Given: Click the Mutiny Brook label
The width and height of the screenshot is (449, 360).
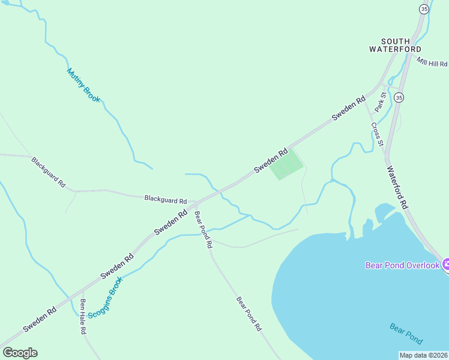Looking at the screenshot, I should point(83,85).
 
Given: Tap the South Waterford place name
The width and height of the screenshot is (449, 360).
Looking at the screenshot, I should point(395,44).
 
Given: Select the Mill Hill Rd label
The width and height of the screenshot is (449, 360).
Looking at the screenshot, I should point(432,62).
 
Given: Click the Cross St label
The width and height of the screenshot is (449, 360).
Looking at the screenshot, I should point(376,135).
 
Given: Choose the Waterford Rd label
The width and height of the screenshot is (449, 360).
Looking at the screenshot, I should point(397,187).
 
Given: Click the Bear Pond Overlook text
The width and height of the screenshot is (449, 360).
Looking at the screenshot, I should point(403,265).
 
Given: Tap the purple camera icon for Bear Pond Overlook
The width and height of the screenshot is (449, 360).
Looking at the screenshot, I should point(446,264).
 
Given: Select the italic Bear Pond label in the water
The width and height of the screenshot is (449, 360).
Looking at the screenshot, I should point(406,330).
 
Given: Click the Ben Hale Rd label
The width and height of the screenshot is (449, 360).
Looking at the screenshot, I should point(83,316).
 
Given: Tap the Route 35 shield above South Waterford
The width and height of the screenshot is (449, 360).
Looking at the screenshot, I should point(424,9).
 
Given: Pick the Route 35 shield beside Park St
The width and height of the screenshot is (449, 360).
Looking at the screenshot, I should point(399,97).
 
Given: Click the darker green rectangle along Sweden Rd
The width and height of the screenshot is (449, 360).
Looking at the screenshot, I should point(286,164).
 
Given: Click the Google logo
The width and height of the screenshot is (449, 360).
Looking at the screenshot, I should point(19,352).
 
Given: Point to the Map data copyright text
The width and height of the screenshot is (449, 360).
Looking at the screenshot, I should point(423,355).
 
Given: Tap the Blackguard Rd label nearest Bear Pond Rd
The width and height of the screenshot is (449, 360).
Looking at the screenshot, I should point(166,200).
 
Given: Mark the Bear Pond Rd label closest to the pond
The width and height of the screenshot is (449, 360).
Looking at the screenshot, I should point(249,314).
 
